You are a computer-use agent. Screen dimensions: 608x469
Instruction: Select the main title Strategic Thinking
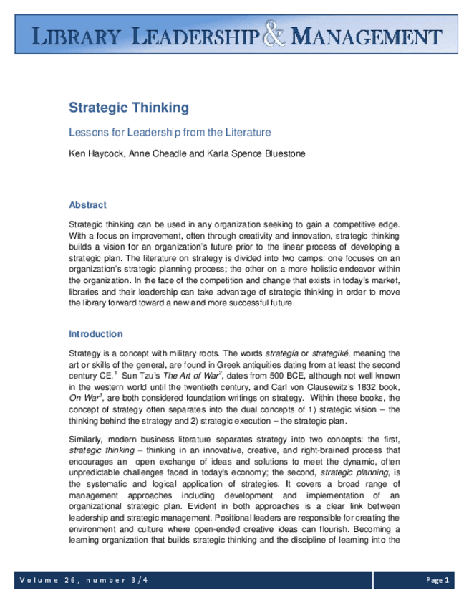click(128, 108)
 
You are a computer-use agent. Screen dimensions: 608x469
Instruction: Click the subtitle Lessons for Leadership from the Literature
click(169, 133)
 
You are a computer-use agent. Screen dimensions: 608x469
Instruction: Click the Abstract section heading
click(87, 205)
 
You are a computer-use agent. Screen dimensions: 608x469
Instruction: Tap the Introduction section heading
click(95, 334)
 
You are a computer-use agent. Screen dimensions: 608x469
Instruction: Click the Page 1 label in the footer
click(437, 579)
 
